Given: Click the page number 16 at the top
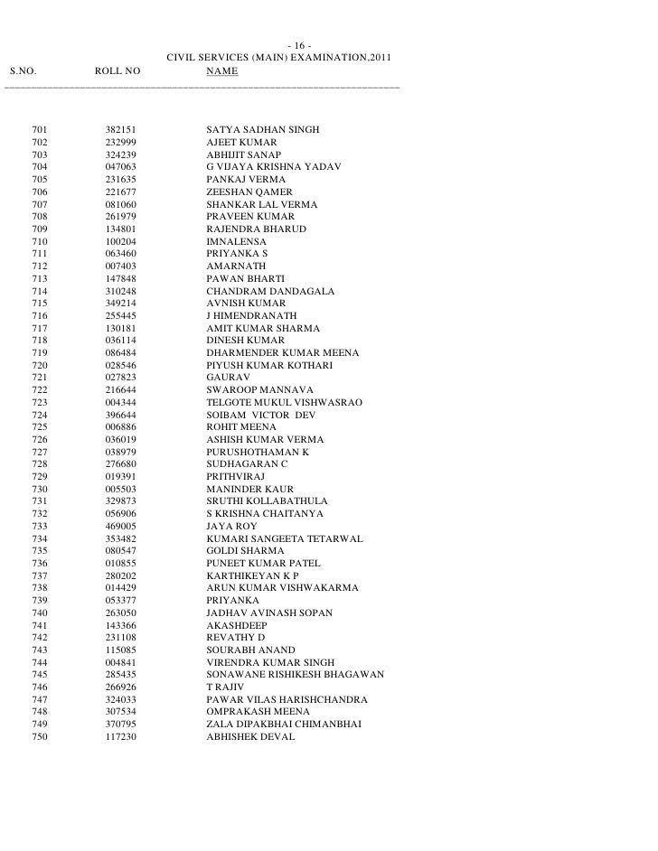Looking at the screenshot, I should click(x=299, y=48).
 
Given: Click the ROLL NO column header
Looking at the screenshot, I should click(x=118, y=71).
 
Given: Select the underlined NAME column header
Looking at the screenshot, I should click(x=221, y=71).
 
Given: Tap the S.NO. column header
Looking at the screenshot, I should click(x=25, y=71).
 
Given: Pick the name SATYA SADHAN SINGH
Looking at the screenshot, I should click(x=262, y=131).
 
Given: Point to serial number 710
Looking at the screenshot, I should click(x=39, y=242).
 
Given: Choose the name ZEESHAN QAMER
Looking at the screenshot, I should click(x=249, y=192).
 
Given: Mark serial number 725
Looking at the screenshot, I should click(x=39, y=427).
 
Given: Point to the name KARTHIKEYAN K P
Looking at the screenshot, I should click(x=252, y=575).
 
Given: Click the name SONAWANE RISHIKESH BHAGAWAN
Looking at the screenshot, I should click(x=296, y=674).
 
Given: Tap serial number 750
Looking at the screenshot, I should click(x=39, y=736).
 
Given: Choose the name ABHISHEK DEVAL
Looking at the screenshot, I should click(x=250, y=736).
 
